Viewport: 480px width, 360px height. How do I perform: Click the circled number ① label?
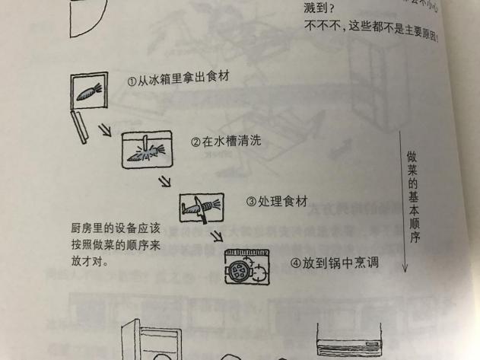tap(132, 78)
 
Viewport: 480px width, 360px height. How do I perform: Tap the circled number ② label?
tap(195, 142)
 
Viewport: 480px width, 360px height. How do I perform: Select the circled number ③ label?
tap(251, 202)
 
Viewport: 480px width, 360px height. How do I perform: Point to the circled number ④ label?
tap(296, 263)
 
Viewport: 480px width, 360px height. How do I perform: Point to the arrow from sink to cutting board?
tap(162, 183)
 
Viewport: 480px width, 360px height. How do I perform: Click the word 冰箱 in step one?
tap(157, 78)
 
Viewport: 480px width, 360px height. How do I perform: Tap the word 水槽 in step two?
tap(220, 142)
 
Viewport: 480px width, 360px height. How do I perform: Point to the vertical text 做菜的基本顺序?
tap(412, 193)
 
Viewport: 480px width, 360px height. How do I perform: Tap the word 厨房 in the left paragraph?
tap(79, 228)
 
